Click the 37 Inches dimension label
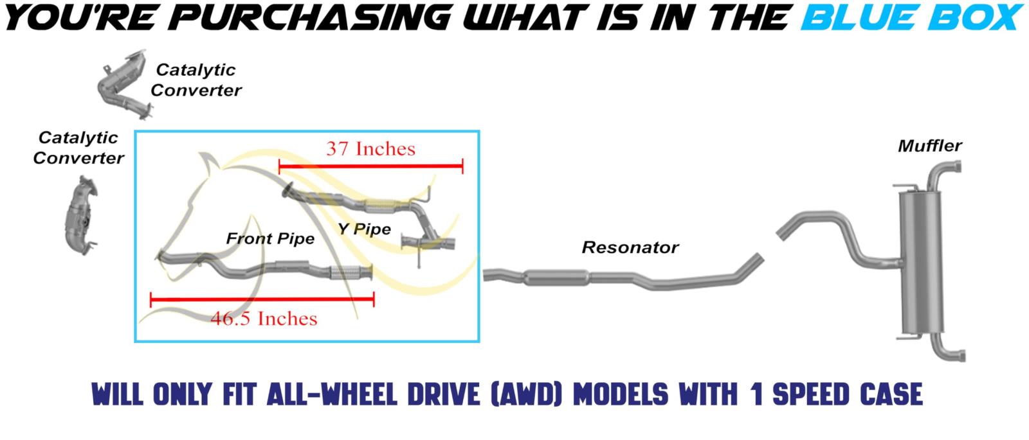(x=370, y=148)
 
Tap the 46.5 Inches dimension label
(x=264, y=319)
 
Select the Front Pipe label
(x=270, y=238)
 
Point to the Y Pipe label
(x=364, y=229)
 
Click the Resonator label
(x=630, y=247)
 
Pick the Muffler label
(x=929, y=146)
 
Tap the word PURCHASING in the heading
(x=314, y=17)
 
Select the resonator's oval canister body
(x=556, y=277)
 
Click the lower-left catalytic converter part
(x=81, y=215)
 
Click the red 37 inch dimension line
(x=370, y=166)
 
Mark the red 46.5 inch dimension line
(x=262, y=299)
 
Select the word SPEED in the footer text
(x=812, y=395)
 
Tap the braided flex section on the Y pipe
(x=380, y=206)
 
